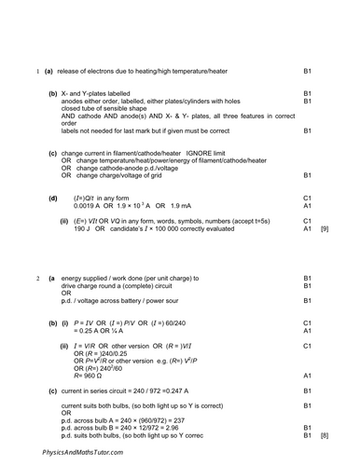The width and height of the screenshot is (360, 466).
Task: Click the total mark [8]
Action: [325, 435]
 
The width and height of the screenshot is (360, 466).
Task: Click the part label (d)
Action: [52, 198]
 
